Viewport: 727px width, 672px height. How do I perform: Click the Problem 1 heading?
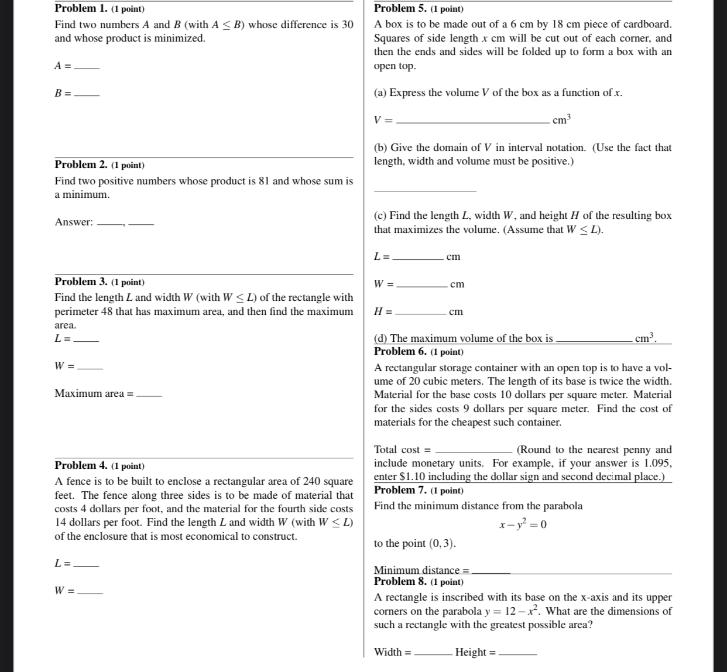(x=100, y=9)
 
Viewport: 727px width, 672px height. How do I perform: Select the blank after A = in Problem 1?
(x=88, y=67)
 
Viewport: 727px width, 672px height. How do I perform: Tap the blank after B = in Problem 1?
(x=88, y=94)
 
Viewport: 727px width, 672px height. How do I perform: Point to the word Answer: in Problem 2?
(x=74, y=222)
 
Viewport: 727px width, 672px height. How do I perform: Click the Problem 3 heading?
(x=100, y=282)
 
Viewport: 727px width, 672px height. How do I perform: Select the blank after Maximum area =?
(x=149, y=395)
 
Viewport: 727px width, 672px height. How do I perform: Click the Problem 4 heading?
(x=100, y=466)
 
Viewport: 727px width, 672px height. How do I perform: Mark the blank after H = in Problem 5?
(x=420, y=313)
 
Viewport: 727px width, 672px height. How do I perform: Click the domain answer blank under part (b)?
(x=425, y=188)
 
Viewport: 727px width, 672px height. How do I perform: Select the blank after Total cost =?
(x=475, y=451)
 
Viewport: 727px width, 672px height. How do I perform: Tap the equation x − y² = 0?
(x=523, y=524)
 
